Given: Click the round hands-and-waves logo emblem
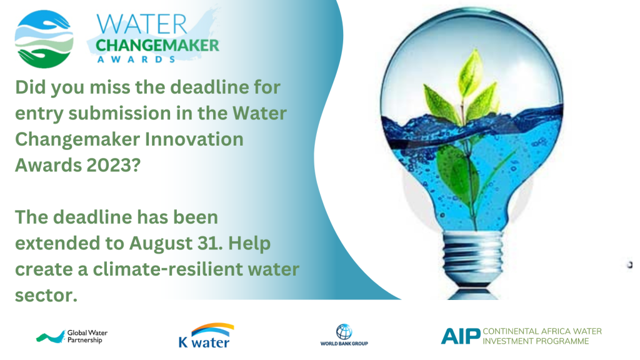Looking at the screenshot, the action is [x=44, y=39].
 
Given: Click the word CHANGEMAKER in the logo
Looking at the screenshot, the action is [x=157, y=45].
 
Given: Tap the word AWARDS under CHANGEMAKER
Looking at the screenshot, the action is [x=136, y=59].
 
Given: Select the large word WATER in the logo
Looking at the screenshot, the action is [x=142, y=24].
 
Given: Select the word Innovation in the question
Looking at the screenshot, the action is [x=194, y=139].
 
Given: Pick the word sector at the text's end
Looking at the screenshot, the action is [x=46, y=296].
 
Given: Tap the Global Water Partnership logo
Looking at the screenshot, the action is [x=72, y=337].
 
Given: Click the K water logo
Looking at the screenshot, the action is [x=206, y=336].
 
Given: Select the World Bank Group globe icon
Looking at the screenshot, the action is [x=344, y=331].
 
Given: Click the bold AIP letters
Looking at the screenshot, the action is [x=461, y=336].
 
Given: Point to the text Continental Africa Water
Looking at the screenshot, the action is [x=542, y=331].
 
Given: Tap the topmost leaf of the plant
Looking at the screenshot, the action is [x=471, y=72].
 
